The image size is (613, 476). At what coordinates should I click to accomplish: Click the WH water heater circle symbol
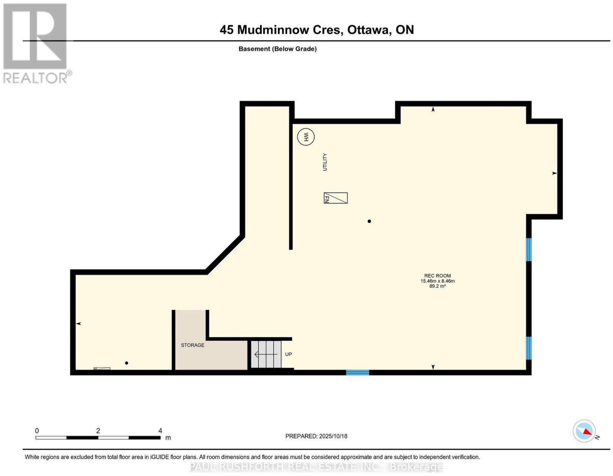tap(306, 137)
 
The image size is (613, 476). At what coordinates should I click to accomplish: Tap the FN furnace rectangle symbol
tap(335, 198)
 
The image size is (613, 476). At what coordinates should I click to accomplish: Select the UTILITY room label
tap(325, 162)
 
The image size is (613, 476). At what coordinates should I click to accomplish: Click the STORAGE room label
tap(192, 345)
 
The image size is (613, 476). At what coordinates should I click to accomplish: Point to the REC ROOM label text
tap(438, 276)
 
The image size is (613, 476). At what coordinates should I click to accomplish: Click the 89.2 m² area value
tap(438, 286)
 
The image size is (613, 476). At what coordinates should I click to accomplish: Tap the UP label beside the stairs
tap(288, 354)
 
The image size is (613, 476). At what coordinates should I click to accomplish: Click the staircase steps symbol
tap(266, 354)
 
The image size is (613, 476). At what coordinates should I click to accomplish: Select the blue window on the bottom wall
tap(357, 372)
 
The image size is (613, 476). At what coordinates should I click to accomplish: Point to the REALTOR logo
tap(37, 44)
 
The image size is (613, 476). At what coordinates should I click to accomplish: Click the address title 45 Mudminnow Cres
tap(281, 30)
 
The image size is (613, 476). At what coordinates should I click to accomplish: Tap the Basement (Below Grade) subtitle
tap(278, 49)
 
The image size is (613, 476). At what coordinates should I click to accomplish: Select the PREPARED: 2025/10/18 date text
tap(316, 436)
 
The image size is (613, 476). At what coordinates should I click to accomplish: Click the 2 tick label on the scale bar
tap(98, 431)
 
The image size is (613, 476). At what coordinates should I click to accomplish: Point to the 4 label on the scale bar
tap(160, 431)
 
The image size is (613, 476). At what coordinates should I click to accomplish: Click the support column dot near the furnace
tap(369, 221)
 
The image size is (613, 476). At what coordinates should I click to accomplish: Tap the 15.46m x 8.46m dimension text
tap(438, 281)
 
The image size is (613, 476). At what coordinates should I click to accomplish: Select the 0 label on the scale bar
tap(37, 431)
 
